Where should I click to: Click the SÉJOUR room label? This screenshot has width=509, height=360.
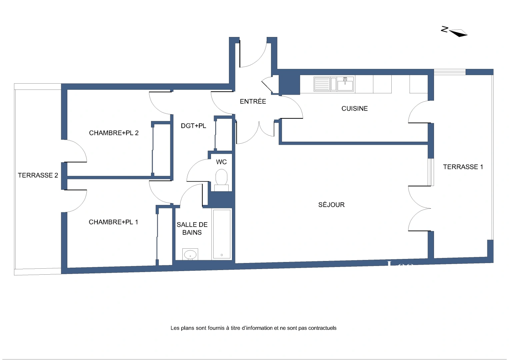pos(331,205)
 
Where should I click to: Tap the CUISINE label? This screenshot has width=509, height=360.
pos(354,108)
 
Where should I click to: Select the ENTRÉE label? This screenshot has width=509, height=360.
pos(253,101)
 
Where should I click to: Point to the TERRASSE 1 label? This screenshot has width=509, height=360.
pos(463,167)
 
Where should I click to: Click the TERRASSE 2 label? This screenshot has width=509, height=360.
pos(38,175)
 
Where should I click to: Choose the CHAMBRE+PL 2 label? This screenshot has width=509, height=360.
pos(114,133)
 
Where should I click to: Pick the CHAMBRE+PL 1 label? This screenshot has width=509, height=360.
pos(113,222)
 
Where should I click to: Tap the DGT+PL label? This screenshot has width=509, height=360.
pos(193,126)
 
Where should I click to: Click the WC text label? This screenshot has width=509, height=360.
pos(221,162)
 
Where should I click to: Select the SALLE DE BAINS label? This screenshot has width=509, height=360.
pos(192,229)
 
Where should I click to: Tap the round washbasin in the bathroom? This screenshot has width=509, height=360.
pos(190,254)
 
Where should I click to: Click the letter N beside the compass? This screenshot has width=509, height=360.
pos(444,29)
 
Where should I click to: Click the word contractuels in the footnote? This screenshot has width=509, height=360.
pos(322,328)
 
